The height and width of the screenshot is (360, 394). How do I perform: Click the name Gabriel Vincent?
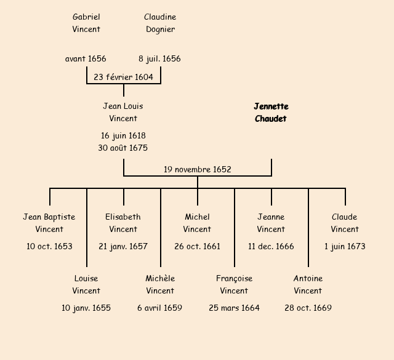click(86, 23)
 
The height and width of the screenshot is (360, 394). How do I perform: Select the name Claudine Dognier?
click(160, 23)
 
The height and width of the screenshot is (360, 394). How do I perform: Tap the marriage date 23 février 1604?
click(123, 77)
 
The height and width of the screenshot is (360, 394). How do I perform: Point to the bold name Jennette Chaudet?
click(271, 113)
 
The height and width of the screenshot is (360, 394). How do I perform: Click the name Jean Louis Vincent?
click(123, 112)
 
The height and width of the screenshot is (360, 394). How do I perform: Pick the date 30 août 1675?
click(123, 148)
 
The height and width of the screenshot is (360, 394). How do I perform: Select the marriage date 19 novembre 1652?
click(197, 169)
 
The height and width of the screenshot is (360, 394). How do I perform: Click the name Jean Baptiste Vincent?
click(49, 223)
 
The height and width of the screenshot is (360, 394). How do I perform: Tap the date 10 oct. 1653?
click(49, 246)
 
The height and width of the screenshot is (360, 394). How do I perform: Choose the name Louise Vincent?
click(86, 284)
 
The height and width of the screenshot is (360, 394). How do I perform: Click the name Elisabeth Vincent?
click(123, 223)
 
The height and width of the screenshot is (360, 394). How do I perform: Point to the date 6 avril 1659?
click(160, 308)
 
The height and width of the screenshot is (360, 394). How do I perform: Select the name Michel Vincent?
click(197, 223)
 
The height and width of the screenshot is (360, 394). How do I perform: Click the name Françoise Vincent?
click(234, 284)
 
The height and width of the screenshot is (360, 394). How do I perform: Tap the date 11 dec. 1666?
click(271, 246)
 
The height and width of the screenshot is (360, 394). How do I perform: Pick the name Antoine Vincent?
click(308, 284)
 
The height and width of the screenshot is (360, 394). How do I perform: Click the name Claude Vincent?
click(345, 223)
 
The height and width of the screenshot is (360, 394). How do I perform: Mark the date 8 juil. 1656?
click(159, 59)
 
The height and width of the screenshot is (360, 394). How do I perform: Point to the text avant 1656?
click(86, 59)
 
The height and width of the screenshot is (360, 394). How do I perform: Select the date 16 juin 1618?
click(123, 135)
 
